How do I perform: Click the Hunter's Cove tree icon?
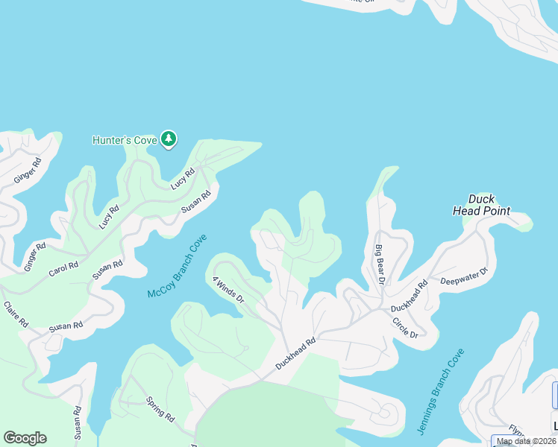click(x=169, y=139)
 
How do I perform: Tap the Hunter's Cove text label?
click(x=125, y=140)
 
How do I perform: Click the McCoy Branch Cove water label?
click(x=176, y=267)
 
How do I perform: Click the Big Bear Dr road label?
click(x=380, y=264)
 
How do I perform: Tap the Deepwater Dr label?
click(x=463, y=276)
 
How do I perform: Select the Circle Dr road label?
click(x=406, y=327)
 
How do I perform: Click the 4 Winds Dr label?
click(x=228, y=288)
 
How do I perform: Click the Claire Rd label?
click(x=16, y=314)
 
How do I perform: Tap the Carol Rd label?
click(x=63, y=269)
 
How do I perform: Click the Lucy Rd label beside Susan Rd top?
click(x=183, y=179)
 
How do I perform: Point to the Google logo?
click(x=25, y=438)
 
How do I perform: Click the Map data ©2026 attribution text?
click(x=526, y=441)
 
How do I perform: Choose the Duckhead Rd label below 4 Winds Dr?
click(x=295, y=352)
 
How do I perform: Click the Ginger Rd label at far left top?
click(x=27, y=171)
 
